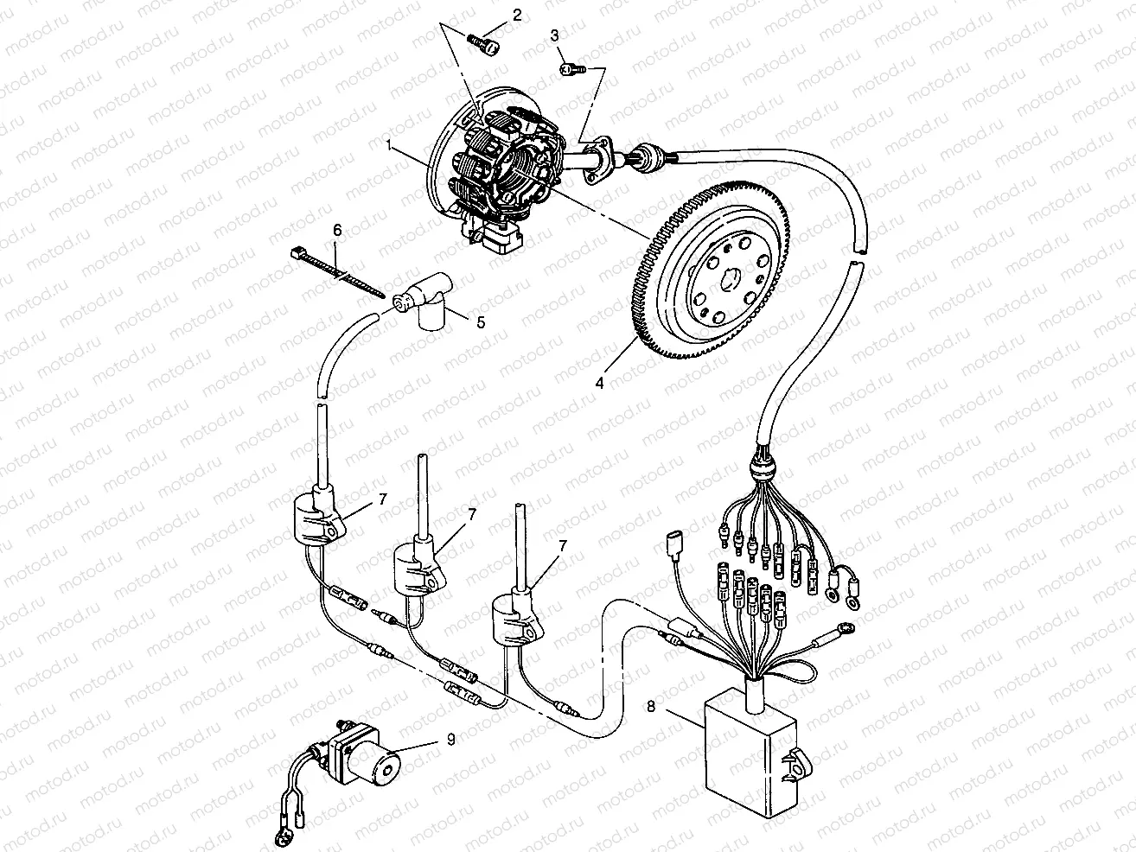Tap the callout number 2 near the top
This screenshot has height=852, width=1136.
click(517, 15)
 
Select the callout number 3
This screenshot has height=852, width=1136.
click(555, 35)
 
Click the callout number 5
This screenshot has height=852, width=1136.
click(481, 322)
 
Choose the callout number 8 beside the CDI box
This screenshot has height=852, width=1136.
click(651, 706)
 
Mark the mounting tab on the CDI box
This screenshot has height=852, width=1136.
click(795, 765)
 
